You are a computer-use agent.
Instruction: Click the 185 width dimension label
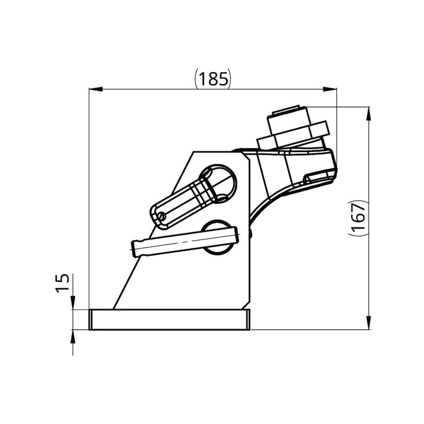(x=213, y=78)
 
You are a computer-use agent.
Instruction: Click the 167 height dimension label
(x=359, y=218)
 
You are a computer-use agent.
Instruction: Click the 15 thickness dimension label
(x=63, y=283)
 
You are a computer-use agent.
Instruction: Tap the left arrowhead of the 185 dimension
(x=96, y=89)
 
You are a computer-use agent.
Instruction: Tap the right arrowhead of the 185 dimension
(x=330, y=89)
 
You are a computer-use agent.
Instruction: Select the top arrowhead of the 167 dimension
(x=369, y=114)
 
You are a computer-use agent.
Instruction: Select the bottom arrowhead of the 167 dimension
(x=369, y=323)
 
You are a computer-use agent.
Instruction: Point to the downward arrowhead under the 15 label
(x=73, y=303)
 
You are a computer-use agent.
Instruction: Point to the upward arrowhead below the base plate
(x=73, y=337)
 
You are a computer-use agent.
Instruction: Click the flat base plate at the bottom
(x=170, y=320)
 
